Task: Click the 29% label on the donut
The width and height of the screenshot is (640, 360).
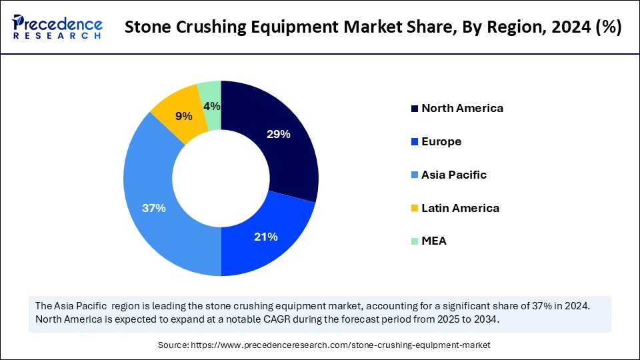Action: tap(278, 134)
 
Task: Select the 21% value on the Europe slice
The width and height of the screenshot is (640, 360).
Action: tap(266, 237)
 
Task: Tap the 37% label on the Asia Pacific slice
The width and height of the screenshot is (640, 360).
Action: tap(154, 208)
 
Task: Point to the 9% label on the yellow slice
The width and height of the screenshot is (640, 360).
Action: tap(183, 116)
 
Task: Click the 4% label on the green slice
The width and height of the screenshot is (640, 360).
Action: tap(212, 106)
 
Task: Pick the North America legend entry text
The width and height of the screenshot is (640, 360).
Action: tap(462, 108)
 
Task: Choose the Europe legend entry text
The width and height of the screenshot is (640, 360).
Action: tap(441, 141)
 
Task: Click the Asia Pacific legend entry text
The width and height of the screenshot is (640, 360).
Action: tap(454, 175)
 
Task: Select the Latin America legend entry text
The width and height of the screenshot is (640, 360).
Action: tap(460, 208)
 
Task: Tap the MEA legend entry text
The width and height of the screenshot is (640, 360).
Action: tap(434, 241)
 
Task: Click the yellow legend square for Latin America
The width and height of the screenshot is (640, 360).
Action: tap(415, 209)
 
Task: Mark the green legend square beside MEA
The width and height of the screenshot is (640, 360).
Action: tap(415, 241)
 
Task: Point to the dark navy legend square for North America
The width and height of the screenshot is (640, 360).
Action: tap(415, 109)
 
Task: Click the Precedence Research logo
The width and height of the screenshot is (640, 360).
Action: tap(57, 27)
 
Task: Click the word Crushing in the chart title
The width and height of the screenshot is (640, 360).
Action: tap(219, 27)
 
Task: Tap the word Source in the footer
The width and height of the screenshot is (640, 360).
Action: tap(173, 345)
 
